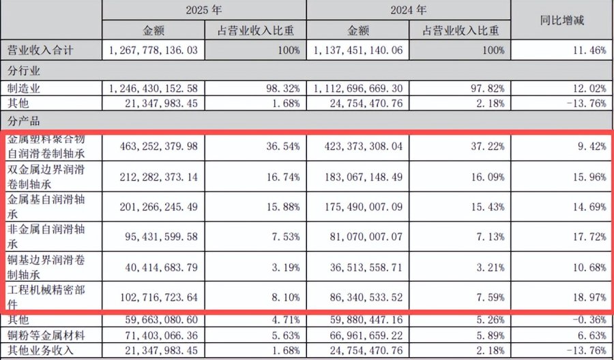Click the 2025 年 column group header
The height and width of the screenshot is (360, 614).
pyautogui.click(x=203, y=10)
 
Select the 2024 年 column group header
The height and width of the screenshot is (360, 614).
pyautogui.click(x=408, y=10)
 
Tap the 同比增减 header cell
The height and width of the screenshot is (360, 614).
pyautogui.click(x=562, y=20)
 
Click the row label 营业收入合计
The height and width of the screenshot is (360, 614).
pyautogui.click(x=41, y=50)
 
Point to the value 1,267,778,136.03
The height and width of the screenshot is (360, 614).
pyautogui.click(x=152, y=50)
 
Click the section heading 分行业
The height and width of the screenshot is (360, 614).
pyautogui.click(x=24, y=71)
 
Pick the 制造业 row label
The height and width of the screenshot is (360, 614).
pyautogui.click(x=24, y=89)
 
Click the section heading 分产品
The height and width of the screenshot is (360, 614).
pyautogui.click(x=24, y=121)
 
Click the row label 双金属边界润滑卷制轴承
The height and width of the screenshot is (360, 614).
pyautogui.click(x=46, y=176)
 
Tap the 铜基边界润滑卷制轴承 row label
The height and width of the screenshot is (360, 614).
pyautogui.click(x=46, y=266)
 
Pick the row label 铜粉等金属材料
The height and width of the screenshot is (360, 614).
pyautogui.click(x=46, y=335)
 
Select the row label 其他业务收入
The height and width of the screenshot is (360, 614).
pyautogui.click(x=41, y=350)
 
